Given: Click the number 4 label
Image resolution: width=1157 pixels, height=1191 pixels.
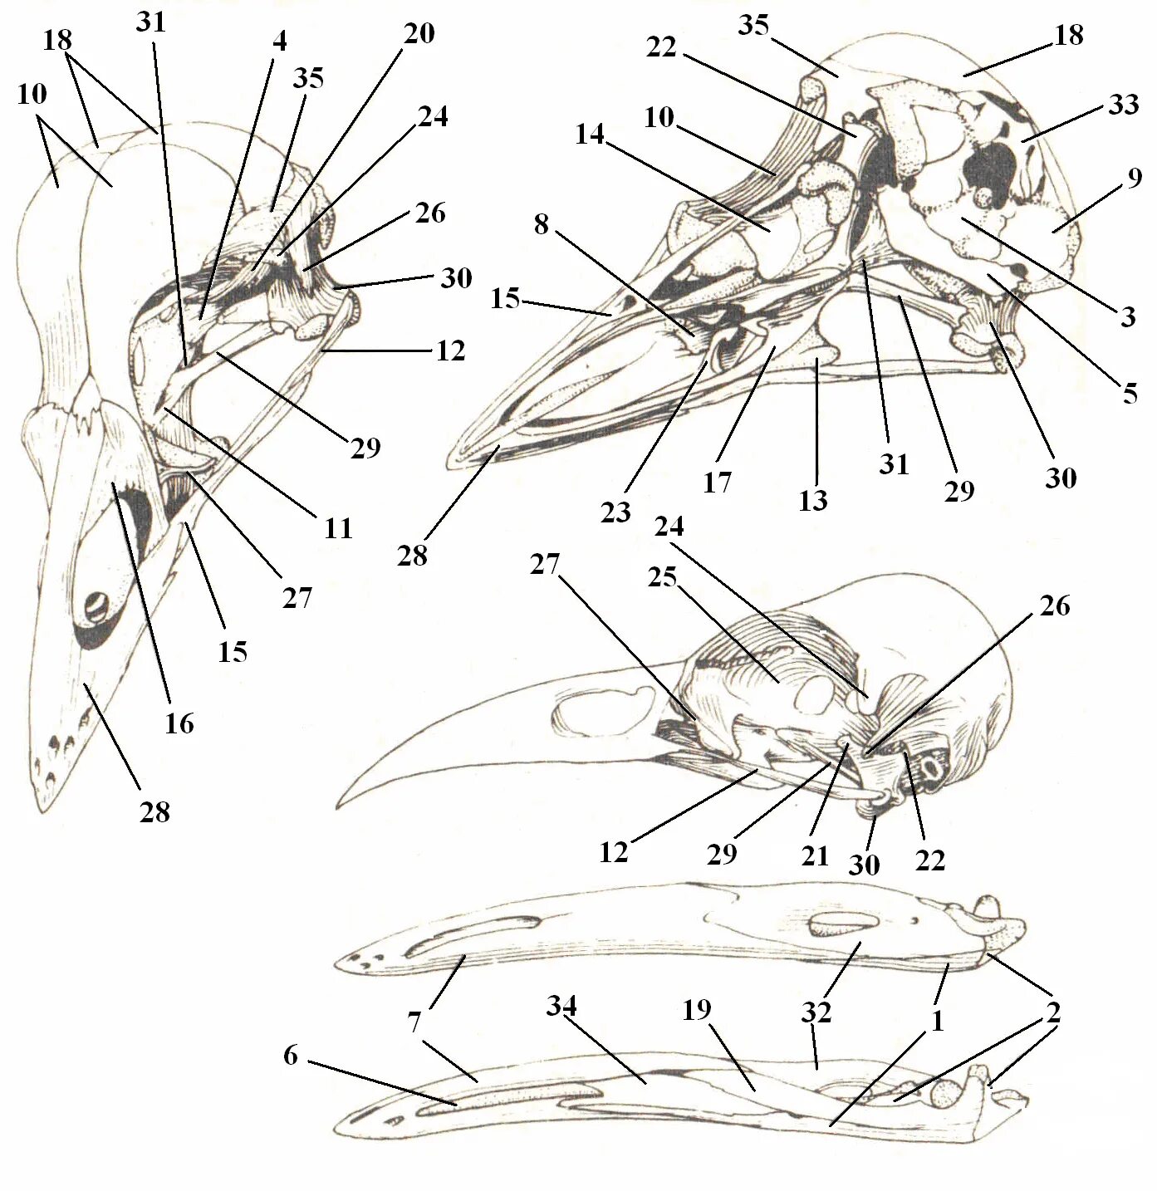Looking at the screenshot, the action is tap(279, 42).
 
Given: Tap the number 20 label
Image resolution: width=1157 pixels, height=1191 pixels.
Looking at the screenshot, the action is tap(419, 34).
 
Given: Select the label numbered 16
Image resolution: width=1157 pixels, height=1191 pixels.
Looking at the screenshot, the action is tap(179, 723).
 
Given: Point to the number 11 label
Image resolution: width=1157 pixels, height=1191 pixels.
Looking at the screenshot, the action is tap(338, 528).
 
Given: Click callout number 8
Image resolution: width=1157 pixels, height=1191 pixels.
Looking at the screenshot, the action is tap(542, 223).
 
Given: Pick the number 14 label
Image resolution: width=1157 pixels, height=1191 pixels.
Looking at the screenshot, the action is tap(590, 135).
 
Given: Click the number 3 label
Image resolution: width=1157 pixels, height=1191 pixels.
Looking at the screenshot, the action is tap(1127, 316).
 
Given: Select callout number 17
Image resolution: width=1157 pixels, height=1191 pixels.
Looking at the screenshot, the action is tap(717, 482).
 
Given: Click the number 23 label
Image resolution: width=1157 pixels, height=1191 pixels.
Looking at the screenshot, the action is tap(615, 512).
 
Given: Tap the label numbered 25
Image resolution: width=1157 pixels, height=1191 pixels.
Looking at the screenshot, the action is tap(663, 576).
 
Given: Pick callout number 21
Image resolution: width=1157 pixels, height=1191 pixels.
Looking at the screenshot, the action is tap(815, 855).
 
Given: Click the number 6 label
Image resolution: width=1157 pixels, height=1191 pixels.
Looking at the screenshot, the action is tap(290, 1056).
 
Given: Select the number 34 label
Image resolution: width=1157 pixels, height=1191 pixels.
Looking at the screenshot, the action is tap(561, 1007).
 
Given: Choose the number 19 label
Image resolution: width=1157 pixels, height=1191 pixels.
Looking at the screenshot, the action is tap(697, 1009).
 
